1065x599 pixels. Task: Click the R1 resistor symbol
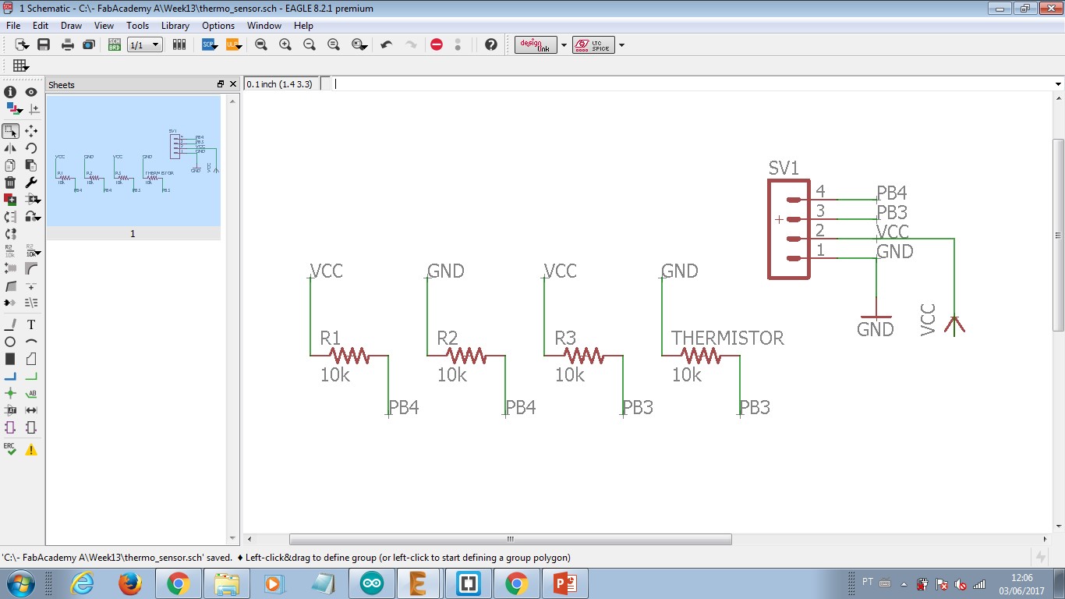tap(349, 356)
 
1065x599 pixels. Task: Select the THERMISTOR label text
tap(727, 338)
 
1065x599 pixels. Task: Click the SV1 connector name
tap(784, 168)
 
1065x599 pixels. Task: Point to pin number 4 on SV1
tap(820, 191)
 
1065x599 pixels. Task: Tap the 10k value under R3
tap(569, 375)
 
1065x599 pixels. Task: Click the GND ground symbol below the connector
tap(876, 320)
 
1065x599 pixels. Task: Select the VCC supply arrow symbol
tap(954, 324)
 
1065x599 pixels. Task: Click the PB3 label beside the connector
tap(892, 212)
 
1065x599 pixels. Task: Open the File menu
tap(13, 26)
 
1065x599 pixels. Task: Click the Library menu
tap(175, 26)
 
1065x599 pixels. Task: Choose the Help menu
tap(303, 26)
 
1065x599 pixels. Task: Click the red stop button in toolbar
tap(437, 44)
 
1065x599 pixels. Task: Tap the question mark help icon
tap(490, 44)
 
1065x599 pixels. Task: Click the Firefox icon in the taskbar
tap(130, 583)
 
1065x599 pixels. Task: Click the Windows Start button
tap(21, 583)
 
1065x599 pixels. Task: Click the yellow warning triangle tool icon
tap(31, 450)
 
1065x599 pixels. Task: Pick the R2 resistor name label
tap(448, 338)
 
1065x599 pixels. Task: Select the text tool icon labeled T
tap(31, 324)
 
